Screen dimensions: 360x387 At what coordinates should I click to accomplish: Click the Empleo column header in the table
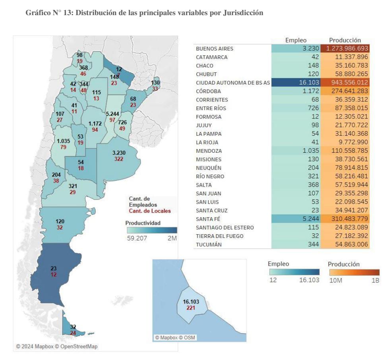(x=296, y=40)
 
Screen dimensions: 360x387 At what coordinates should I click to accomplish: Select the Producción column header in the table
(x=345, y=40)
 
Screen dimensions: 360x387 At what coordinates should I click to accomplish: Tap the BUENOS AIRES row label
(x=215, y=49)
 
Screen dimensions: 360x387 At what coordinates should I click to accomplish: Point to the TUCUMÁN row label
(x=209, y=245)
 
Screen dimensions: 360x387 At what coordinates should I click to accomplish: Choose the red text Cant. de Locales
(x=147, y=211)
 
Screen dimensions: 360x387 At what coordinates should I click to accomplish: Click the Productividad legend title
(x=143, y=223)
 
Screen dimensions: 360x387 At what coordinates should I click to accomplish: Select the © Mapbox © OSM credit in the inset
(x=175, y=337)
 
